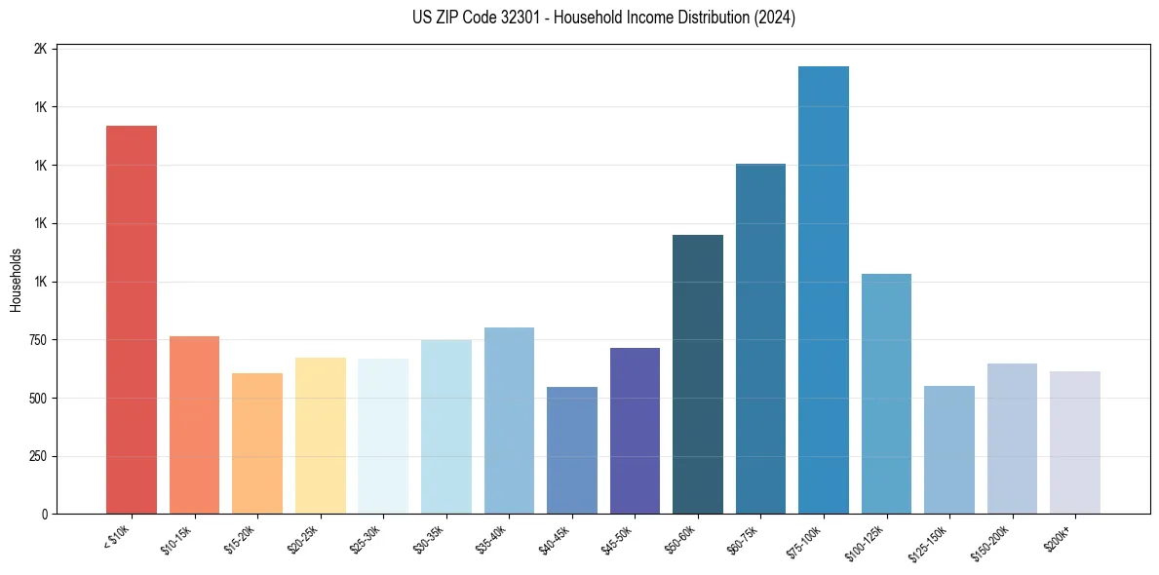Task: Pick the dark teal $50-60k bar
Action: click(697, 374)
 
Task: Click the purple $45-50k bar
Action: click(635, 431)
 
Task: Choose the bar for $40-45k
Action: click(571, 450)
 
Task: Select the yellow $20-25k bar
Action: click(320, 436)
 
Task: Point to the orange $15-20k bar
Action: click(257, 443)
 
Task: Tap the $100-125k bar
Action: click(886, 394)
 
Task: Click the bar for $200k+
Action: click(1074, 442)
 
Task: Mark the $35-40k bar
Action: click(509, 421)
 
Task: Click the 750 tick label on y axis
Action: click(36, 340)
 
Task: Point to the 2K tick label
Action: click(40, 49)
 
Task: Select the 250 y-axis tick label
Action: click(36, 456)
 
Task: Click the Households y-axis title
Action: click(16, 281)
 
